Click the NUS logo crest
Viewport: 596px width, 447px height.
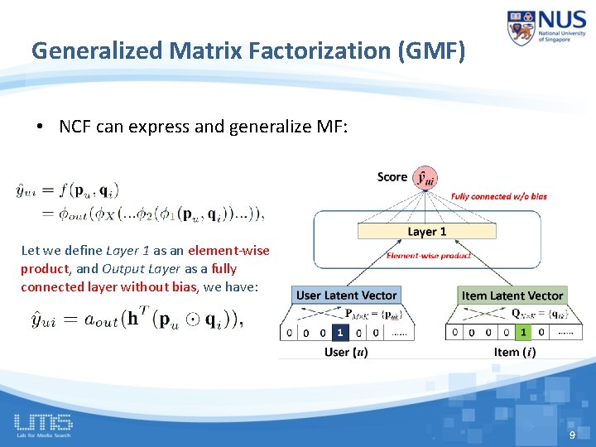(x=522, y=28)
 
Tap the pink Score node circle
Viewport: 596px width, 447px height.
(x=425, y=177)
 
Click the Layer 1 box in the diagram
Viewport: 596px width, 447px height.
(x=426, y=232)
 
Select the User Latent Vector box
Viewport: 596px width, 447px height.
(x=347, y=296)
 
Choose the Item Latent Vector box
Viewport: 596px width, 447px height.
(x=512, y=296)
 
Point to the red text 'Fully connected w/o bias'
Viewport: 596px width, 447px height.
(x=498, y=197)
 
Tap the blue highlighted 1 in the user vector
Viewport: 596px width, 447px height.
(x=339, y=332)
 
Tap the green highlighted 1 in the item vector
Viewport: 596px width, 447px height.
(x=522, y=332)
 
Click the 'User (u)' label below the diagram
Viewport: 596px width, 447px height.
(x=346, y=352)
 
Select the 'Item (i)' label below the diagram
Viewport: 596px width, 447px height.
(x=514, y=352)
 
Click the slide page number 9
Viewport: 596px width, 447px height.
(x=571, y=435)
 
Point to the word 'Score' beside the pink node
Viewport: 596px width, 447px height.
(x=392, y=176)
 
